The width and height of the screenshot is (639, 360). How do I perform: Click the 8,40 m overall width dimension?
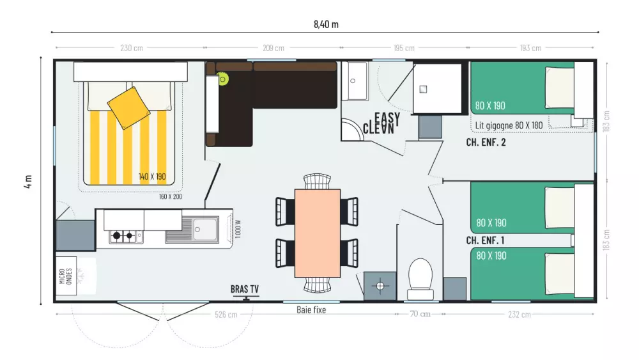click(326, 24)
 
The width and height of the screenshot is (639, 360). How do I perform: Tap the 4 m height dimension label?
click(27, 182)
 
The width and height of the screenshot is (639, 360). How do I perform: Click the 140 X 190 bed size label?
click(152, 176)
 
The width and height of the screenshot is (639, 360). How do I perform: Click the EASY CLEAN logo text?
click(381, 123)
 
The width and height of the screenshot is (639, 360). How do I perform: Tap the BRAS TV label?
click(245, 289)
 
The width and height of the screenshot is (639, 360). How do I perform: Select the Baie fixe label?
click(311, 310)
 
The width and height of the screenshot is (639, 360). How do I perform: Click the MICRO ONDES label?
click(66, 276)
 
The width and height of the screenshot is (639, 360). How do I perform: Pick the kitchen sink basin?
click(205, 230)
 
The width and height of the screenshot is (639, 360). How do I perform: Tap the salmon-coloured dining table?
click(318, 233)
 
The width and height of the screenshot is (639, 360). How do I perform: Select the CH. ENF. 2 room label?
click(486, 143)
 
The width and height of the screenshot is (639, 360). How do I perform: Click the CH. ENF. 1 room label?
click(485, 240)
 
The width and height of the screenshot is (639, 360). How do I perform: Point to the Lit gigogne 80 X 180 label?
click(509, 125)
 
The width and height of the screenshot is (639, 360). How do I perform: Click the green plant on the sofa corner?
click(222, 79)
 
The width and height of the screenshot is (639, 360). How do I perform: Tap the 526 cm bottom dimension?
click(226, 315)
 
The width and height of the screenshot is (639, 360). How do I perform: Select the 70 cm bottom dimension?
click(420, 314)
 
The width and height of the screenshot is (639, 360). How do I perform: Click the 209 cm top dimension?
click(273, 48)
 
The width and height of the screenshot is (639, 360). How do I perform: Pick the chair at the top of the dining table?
click(317, 182)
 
